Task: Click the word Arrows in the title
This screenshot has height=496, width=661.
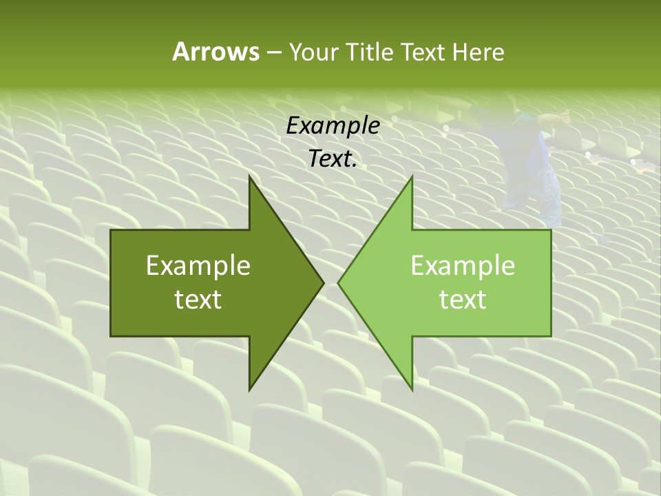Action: tap(216, 52)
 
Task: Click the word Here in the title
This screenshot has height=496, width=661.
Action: tap(478, 52)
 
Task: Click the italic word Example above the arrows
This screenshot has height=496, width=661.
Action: tap(333, 126)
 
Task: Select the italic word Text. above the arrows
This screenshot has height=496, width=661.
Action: tap(333, 159)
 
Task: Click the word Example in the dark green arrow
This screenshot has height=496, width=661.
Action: tap(198, 265)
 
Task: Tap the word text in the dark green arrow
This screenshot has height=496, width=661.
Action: tap(198, 299)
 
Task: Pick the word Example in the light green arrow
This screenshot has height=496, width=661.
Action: tap(463, 265)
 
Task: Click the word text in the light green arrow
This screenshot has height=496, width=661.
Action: tap(463, 299)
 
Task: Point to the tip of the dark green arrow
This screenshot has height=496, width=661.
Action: tap(324, 282)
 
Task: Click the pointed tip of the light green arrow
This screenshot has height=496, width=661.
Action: tap(338, 282)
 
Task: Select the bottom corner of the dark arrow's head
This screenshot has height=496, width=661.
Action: tap(249, 390)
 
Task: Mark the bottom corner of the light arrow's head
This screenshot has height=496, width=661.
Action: tap(412, 390)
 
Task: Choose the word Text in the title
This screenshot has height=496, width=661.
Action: tap(421, 52)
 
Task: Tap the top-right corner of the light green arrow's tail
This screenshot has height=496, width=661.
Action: tap(551, 230)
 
